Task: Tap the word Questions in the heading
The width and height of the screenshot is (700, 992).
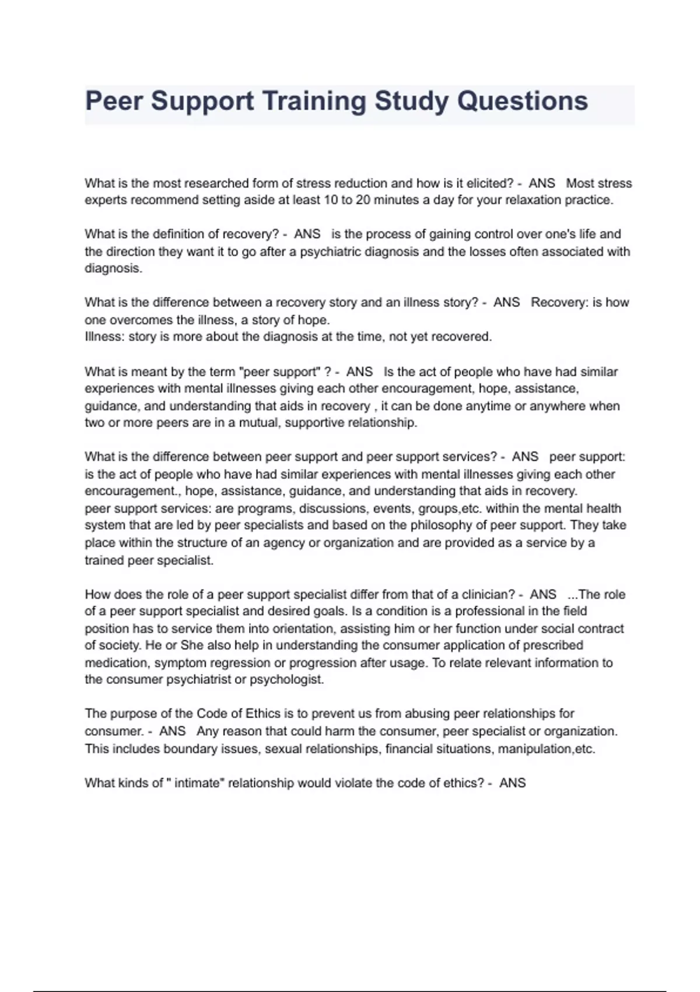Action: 523,101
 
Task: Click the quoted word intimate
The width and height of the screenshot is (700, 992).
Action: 199,783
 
